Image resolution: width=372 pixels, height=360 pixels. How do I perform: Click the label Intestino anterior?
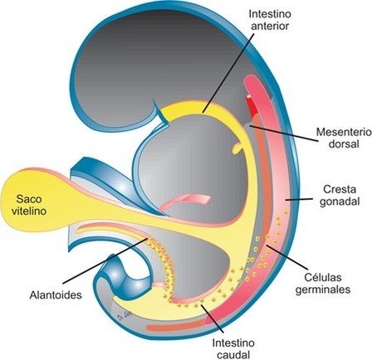coord(269,20)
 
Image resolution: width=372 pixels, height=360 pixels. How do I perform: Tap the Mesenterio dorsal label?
coord(343,138)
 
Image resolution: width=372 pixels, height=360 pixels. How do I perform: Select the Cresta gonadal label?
coord(340,195)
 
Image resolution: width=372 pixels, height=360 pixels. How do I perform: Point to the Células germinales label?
coord(323,283)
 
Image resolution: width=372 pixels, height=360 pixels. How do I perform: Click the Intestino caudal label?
coord(233,348)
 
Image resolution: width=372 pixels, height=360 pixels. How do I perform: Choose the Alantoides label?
coord(56,294)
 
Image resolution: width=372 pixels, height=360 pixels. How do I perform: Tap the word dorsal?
coord(344,144)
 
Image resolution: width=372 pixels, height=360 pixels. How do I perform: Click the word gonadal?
coord(340,202)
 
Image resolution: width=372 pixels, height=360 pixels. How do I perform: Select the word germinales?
coord(323,289)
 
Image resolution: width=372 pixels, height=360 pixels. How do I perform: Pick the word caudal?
coord(233,354)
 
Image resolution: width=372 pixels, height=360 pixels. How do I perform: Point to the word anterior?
coord(269,26)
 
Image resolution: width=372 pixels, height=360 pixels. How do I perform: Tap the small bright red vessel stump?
coord(252,105)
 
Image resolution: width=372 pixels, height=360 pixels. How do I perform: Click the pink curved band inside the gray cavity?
coord(185,201)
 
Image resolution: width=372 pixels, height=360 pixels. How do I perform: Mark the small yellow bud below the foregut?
coord(237,148)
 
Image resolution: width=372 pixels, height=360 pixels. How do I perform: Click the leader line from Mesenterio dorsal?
coord(283,134)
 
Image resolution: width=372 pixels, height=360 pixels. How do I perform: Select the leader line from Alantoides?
coord(105,260)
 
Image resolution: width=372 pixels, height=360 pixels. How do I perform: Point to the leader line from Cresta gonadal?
coord(299,199)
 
